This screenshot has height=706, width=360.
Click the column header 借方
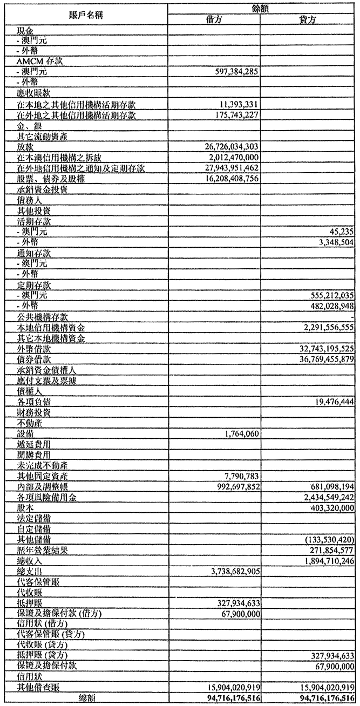(213, 20)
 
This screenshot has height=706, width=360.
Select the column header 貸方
(307, 20)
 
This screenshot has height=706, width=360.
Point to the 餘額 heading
(261, 8)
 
